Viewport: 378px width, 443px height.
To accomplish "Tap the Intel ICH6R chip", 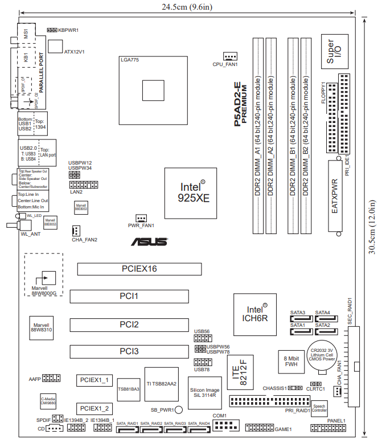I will pos(254,315).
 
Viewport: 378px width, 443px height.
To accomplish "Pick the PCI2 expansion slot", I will pos(129,325).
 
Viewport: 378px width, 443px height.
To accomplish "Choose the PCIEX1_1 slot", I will pos(95,380).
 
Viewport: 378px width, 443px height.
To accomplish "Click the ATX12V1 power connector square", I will pos(55,47).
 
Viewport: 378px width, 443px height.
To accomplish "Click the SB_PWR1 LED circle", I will pos(178,409).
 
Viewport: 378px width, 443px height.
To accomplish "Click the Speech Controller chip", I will pos(319,407).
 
